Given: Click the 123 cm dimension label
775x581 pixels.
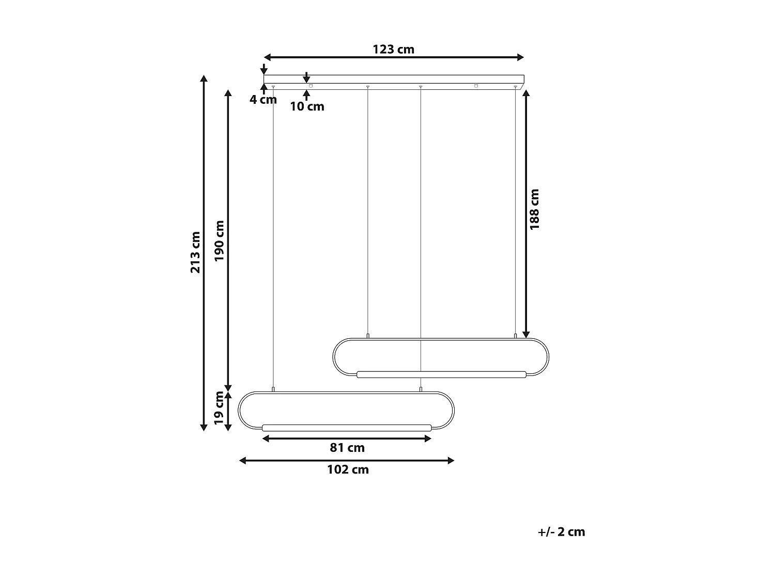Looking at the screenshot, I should [393, 50].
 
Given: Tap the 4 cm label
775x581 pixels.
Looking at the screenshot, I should [263, 100].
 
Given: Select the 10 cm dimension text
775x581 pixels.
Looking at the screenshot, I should [307, 106].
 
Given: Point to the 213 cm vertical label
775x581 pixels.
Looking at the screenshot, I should [195, 252].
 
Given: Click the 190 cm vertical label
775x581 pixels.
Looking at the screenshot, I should [220, 241].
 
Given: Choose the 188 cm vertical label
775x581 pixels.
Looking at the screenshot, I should [534, 209].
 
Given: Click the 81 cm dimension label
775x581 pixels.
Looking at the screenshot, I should [347, 448].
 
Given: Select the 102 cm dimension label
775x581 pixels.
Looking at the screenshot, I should [348, 469].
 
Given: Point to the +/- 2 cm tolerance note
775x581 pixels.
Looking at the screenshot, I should [561, 532].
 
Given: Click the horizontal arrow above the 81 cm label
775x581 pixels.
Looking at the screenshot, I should [347, 438].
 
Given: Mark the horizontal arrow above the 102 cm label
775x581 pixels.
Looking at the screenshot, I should [347, 460].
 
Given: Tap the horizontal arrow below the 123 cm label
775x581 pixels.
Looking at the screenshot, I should [394, 57].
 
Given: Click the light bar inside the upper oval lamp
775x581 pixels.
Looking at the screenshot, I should [441, 374].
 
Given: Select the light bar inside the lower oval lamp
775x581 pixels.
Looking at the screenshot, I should [347, 427].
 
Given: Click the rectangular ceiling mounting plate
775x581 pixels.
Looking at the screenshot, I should [394, 79].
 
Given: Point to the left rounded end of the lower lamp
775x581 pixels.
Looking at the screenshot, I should [241, 411].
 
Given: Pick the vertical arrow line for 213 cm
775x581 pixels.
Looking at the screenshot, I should [204, 253].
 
